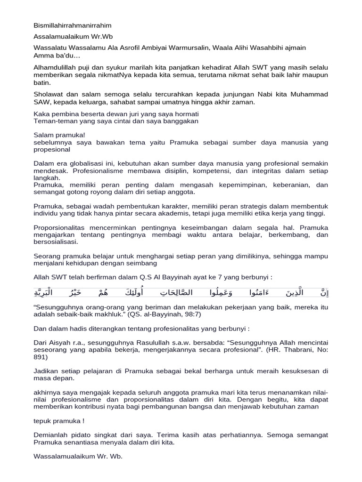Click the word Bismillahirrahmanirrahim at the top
(x=73, y=25)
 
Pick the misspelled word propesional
(x=52, y=149)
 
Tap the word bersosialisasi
(x=56, y=242)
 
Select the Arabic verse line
(x=181, y=293)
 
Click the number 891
(x=41, y=357)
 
